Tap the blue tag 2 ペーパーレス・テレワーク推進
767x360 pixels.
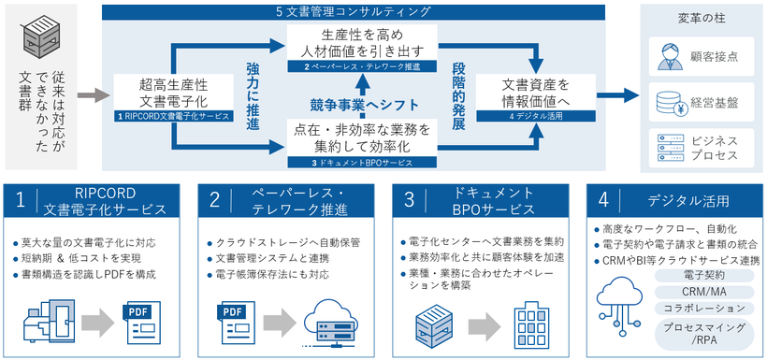click(355, 67)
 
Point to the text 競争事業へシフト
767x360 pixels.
click(355, 105)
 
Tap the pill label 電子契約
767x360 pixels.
click(705, 276)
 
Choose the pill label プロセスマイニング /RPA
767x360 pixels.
click(705, 335)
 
